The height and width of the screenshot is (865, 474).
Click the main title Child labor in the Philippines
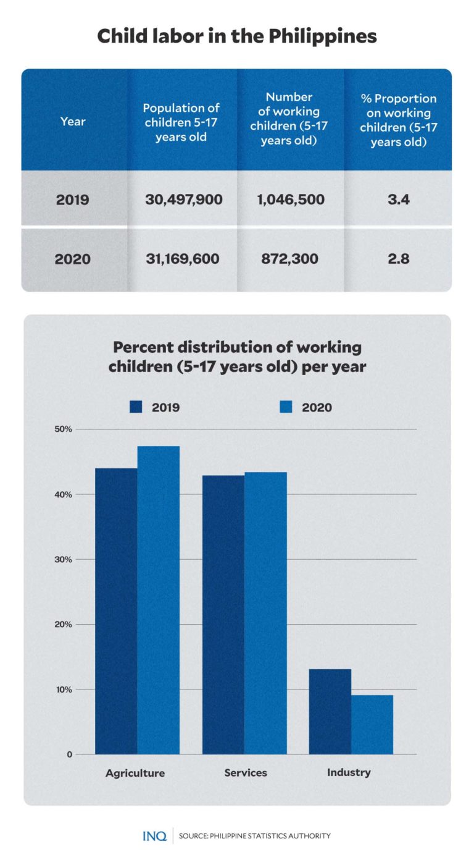tap(237, 36)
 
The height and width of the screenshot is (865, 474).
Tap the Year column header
tap(73, 122)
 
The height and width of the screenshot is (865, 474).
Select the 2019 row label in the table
tap(73, 200)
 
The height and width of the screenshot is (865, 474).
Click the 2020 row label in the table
tap(73, 259)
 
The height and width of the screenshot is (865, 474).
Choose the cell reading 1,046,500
tap(289, 200)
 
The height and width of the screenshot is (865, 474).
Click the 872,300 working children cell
tap(289, 259)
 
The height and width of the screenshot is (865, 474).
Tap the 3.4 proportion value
tap(398, 200)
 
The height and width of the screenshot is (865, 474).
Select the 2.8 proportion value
tap(398, 259)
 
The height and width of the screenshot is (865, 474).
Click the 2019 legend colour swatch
tap(136, 407)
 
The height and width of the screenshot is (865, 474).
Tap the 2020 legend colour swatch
tap(286, 407)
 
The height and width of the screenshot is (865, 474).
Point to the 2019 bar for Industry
tap(330, 711)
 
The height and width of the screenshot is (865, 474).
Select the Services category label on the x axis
tap(246, 773)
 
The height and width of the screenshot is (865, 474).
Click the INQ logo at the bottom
tap(154, 836)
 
